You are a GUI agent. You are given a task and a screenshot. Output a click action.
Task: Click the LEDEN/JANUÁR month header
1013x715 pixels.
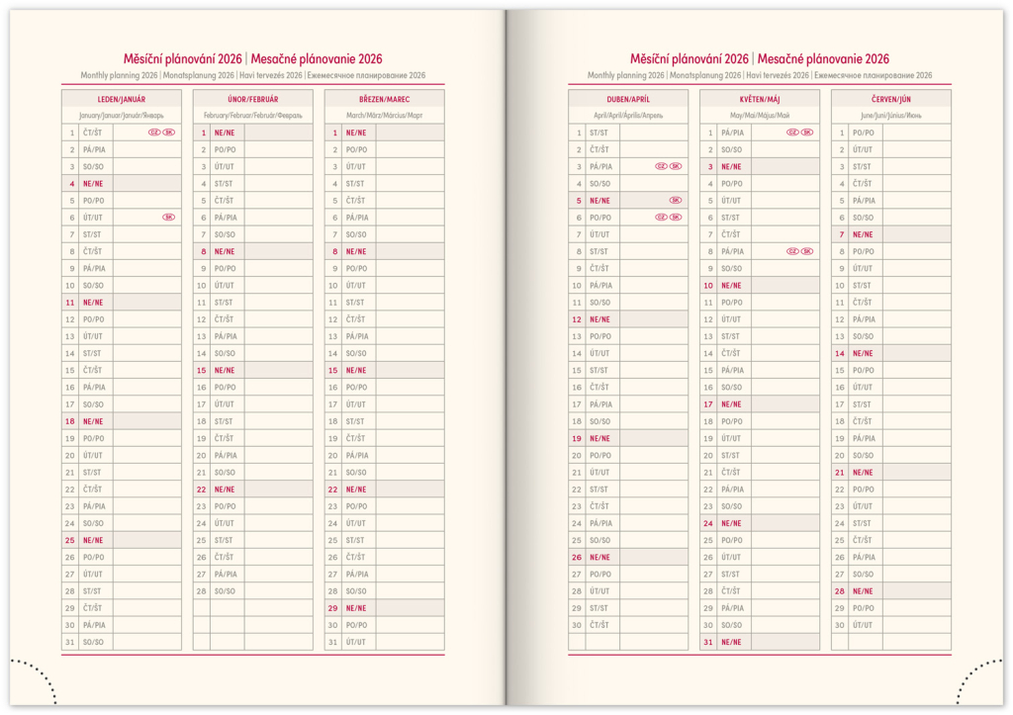[x=121, y=99]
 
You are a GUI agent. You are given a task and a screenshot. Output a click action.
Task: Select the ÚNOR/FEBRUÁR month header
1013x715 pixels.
[x=252, y=99]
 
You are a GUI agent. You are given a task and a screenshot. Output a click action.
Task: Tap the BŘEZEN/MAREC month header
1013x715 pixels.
[x=384, y=99]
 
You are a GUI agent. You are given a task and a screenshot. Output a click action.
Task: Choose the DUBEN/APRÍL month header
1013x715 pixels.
[x=627, y=99]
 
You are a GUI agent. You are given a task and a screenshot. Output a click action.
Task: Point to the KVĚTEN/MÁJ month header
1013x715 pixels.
[x=759, y=99]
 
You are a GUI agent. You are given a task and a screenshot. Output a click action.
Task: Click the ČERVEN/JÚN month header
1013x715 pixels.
[x=890, y=99]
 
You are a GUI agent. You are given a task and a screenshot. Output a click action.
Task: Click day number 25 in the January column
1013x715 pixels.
[x=70, y=540]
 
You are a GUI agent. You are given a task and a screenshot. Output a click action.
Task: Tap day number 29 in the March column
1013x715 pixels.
[x=333, y=608]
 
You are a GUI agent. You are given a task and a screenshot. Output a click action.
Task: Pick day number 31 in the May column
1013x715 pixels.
[x=708, y=642]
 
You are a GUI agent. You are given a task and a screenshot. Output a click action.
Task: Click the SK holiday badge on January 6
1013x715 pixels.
[x=168, y=218]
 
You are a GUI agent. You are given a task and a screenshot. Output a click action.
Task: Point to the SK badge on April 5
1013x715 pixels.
[x=676, y=201]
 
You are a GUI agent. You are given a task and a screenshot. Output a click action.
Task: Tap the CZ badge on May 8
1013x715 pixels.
[x=792, y=251]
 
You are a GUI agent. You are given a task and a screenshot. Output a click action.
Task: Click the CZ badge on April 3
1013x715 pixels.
[x=661, y=166]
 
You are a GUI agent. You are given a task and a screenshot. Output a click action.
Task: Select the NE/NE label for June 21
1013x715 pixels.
[x=863, y=473]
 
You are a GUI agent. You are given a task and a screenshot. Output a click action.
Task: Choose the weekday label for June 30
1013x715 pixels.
[x=863, y=625]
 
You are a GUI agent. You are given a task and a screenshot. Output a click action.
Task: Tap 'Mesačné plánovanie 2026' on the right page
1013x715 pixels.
[x=823, y=59]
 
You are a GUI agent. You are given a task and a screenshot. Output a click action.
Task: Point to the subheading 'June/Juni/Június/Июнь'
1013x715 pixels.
[x=890, y=116]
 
